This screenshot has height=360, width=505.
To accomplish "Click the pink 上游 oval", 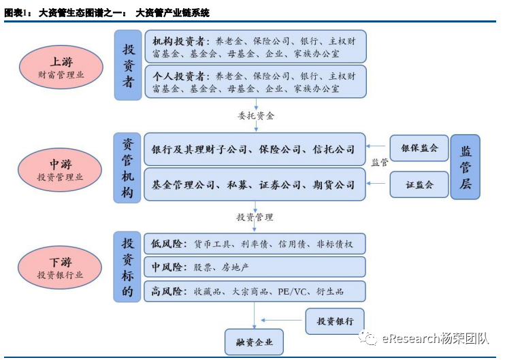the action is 61,67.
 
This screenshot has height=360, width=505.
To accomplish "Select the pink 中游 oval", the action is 60,169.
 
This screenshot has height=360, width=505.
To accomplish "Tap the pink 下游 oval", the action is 60,267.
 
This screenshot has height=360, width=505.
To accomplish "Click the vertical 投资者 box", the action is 128,65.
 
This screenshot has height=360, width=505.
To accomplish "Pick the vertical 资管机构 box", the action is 127,168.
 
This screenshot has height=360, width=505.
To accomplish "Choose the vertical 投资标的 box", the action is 127,267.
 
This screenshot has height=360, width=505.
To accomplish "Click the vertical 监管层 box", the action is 465,167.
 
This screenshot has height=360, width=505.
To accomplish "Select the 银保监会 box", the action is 419,148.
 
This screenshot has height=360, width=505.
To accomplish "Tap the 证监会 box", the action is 419,184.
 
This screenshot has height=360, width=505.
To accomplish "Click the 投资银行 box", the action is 335,321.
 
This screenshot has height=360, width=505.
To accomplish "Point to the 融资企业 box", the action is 254,342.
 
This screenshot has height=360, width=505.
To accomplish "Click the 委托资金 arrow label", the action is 256,116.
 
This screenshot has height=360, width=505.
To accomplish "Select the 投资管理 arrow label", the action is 255,217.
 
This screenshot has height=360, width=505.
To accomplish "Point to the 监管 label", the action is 380,162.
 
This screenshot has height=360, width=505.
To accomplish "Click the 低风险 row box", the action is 255,244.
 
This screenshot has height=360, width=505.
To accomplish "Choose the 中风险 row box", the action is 255,267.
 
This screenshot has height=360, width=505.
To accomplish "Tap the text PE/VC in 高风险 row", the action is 292,292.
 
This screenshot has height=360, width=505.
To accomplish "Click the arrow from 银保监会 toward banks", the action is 376,146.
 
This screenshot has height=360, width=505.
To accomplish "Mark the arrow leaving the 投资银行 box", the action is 281,320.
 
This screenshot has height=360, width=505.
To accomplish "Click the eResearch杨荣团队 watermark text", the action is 436,339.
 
